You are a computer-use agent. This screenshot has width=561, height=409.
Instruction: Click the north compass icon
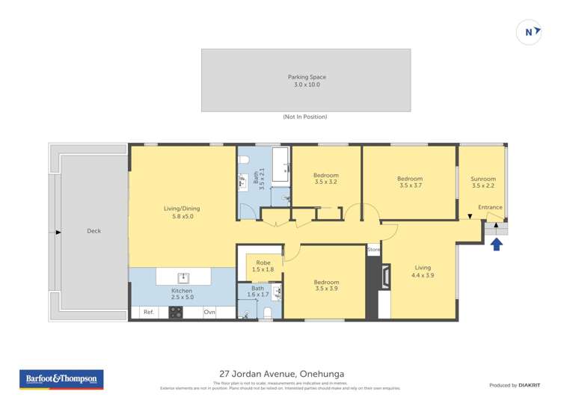[530, 32]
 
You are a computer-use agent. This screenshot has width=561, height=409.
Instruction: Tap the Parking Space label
[307, 77]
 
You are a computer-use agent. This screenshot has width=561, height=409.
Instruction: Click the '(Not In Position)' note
[305, 117]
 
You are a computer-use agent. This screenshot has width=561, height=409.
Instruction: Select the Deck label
[93, 231]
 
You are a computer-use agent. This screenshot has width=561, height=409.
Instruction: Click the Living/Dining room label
[182, 209]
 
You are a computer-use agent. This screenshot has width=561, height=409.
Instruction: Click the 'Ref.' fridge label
[148, 312]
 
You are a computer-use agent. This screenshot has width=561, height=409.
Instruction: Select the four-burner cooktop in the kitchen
[176, 313]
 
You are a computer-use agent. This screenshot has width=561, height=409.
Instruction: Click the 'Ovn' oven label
[209, 312]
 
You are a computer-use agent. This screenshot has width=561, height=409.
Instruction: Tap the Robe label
[263, 262]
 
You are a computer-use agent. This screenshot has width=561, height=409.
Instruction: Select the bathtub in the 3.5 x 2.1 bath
[280, 165]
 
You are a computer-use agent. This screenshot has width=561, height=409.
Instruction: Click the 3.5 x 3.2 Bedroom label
[326, 176]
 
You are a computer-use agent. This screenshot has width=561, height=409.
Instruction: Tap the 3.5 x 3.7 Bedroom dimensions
[410, 185]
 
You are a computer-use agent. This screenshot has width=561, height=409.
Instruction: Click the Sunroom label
[482, 179]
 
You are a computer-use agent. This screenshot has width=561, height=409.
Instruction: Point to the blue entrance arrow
[497, 242]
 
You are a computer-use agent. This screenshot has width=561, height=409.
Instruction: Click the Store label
[374, 250]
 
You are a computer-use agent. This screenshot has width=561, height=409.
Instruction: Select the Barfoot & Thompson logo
[61, 379]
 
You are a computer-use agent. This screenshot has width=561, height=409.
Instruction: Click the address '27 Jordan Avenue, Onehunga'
[281, 374]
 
